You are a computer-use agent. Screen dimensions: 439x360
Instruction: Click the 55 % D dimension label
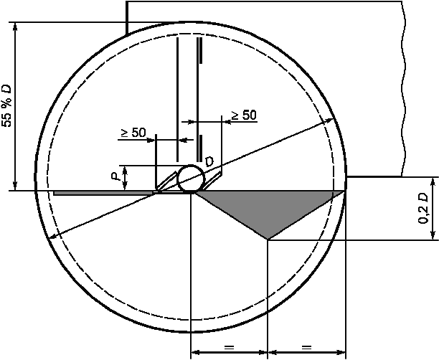(7, 105)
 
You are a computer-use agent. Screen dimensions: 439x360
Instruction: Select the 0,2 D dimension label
(423, 208)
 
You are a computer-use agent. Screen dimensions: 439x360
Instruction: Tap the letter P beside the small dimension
(115, 176)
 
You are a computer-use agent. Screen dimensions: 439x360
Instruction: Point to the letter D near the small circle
(209, 161)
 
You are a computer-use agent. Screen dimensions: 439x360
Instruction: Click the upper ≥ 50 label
(243, 115)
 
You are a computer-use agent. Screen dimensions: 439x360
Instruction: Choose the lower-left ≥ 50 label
(133, 133)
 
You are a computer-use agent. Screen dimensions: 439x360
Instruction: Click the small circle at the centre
(191, 179)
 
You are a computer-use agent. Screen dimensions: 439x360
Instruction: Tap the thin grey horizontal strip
(103, 193)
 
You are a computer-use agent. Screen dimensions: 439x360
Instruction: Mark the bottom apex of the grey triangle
(268, 240)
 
